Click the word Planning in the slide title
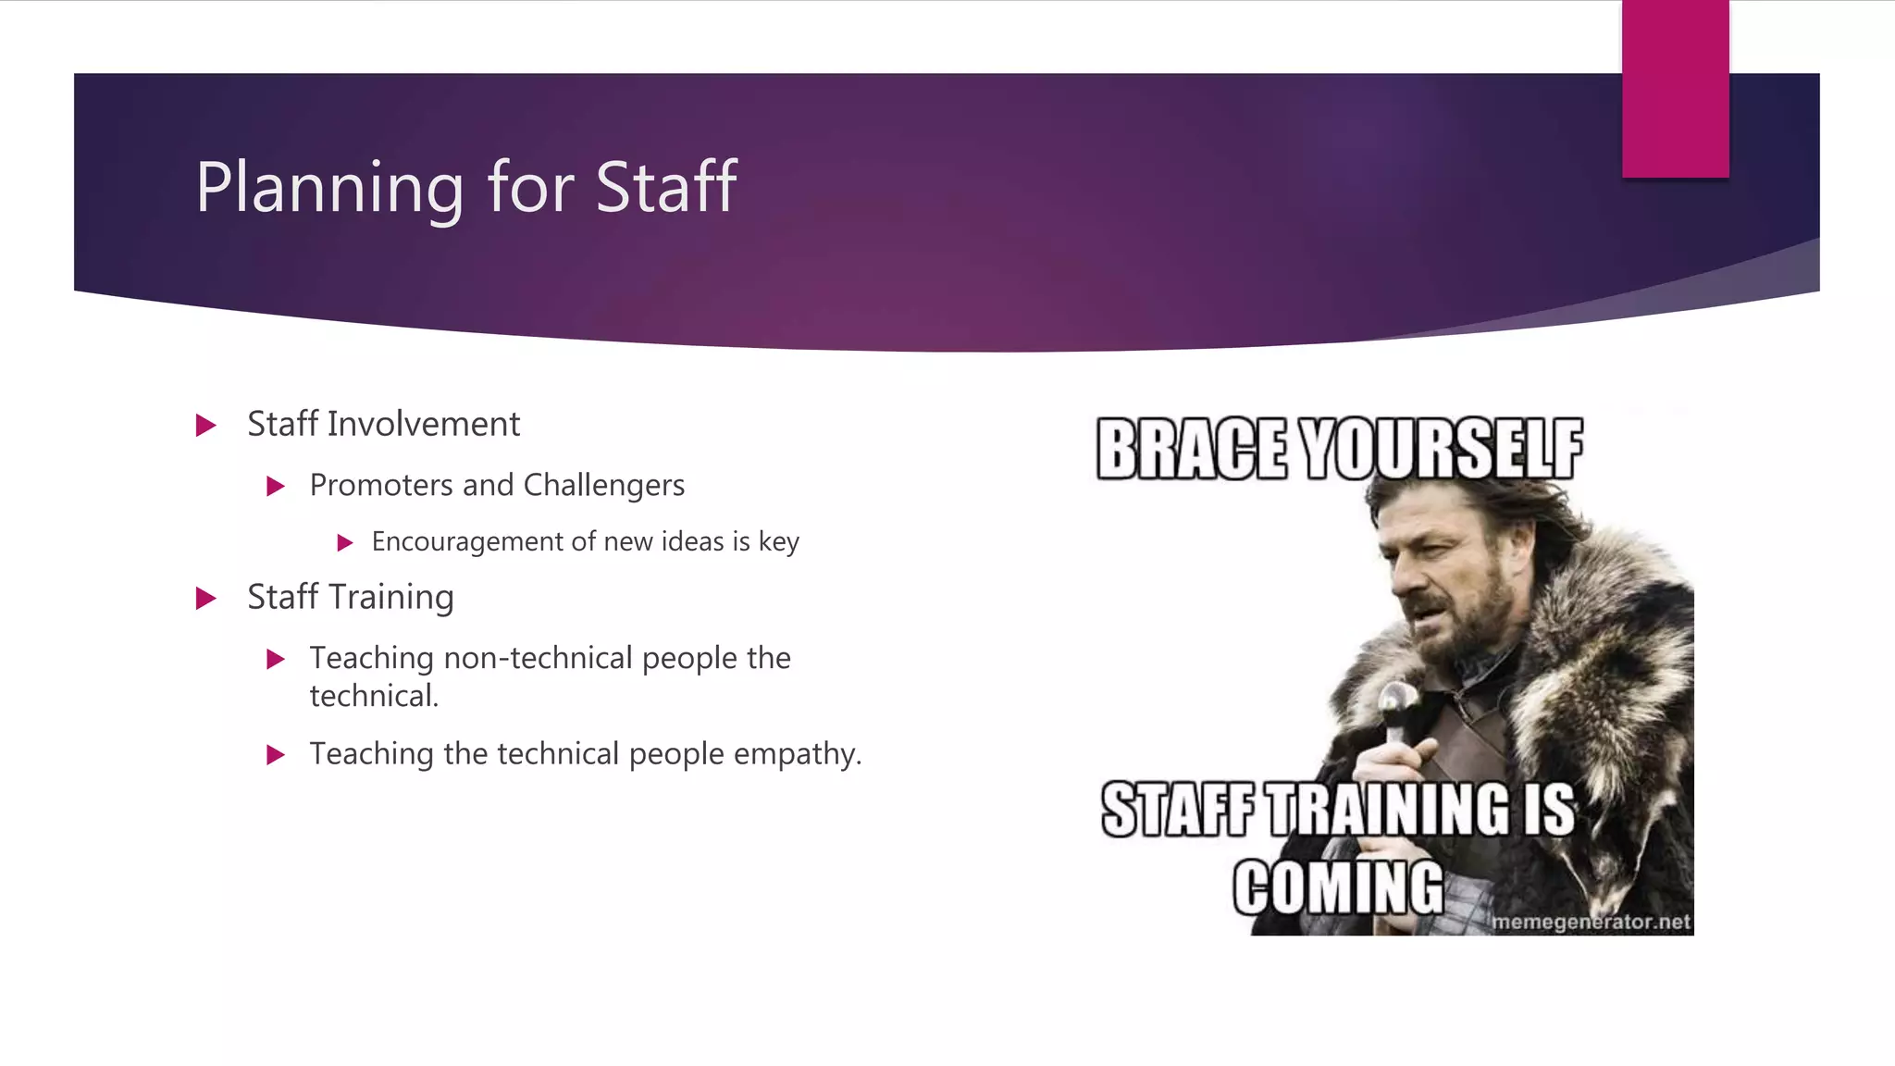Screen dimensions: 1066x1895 point(329,188)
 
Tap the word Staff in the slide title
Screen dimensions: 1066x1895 point(666,188)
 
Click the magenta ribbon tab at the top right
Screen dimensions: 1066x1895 point(1675,89)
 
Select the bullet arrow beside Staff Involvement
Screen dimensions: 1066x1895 point(206,426)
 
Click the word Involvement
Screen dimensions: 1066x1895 point(424,424)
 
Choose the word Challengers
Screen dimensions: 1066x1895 point(604,485)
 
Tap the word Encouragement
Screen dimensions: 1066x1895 point(467,541)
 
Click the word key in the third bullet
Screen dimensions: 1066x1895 point(779,542)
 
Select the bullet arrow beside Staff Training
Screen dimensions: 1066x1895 point(206,599)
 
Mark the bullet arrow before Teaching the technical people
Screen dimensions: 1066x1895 point(276,755)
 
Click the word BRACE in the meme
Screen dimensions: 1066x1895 point(1192,450)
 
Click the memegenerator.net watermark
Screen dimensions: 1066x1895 point(1591,922)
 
